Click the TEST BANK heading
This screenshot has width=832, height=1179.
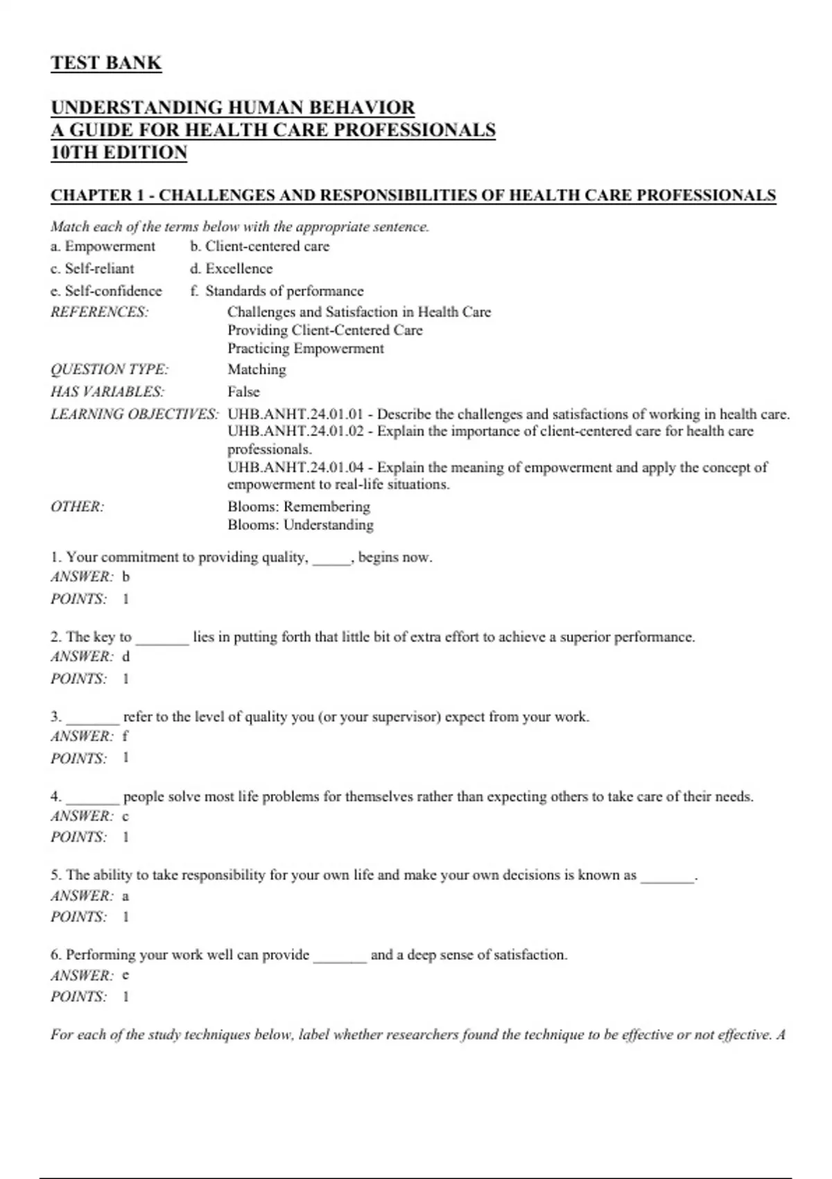click(x=106, y=63)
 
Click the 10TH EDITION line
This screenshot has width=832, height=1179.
click(x=119, y=153)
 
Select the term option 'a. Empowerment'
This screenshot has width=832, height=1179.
click(x=103, y=246)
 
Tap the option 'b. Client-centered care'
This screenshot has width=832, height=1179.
click(x=259, y=246)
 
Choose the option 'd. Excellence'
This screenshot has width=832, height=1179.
click(x=231, y=268)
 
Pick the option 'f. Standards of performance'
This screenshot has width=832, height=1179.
click(x=277, y=291)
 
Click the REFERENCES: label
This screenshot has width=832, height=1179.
click(x=99, y=312)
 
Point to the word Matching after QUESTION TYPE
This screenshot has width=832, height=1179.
click(x=257, y=370)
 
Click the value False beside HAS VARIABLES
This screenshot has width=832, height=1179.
click(x=243, y=392)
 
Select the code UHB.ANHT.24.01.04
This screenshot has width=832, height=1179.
click(x=295, y=467)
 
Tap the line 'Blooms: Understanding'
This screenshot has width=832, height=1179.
click(x=300, y=525)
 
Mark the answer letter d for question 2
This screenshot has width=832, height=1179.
click(x=125, y=656)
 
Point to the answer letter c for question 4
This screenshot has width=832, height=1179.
click(x=125, y=816)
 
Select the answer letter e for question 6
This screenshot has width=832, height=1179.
click(x=125, y=975)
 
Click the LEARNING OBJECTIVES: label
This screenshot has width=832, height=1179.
click(x=134, y=415)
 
